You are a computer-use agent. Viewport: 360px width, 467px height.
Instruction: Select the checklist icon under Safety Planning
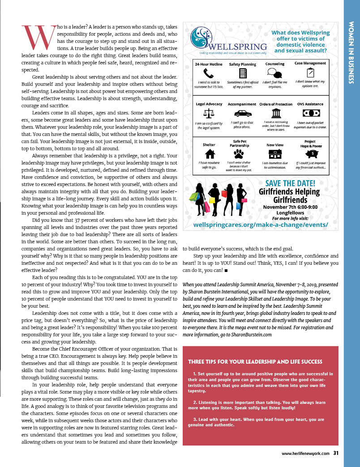tap(243, 73)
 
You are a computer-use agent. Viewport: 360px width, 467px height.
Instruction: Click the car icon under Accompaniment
tap(243, 113)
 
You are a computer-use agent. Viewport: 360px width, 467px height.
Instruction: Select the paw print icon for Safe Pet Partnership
tap(243, 154)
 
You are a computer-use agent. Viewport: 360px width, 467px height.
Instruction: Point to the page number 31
tap(335, 453)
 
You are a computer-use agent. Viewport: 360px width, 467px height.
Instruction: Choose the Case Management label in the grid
tap(310, 64)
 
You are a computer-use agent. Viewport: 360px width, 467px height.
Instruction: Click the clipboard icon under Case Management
tap(310, 73)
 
